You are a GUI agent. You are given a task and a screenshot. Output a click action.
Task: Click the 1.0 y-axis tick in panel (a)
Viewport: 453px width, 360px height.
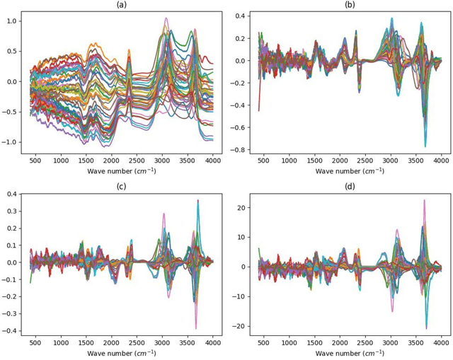point(12,21)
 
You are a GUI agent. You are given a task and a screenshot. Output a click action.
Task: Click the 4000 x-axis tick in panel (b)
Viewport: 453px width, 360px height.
point(440,161)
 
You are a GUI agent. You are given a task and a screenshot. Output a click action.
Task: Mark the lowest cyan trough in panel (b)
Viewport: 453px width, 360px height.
point(425,146)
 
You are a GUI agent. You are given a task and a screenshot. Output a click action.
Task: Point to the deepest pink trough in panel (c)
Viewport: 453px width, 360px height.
point(196,328)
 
